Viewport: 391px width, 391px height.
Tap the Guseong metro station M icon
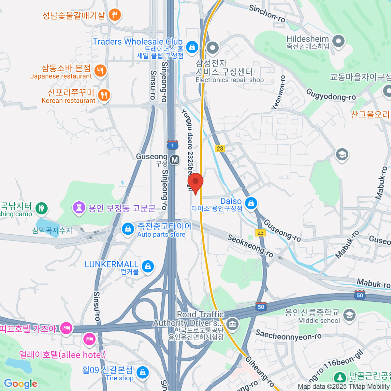click(x=175, y=160)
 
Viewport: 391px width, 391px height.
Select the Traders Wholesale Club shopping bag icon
click(x=192, y=47)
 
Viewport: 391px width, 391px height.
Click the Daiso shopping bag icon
click(x=251, y=204)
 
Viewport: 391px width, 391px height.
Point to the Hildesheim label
click(x=307, y=39)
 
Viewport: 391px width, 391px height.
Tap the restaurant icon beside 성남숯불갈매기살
click(x=114, y=15)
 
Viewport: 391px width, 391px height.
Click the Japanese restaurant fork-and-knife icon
click(x=100, y=71)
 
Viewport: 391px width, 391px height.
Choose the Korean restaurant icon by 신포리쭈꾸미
click(x=104, y=95)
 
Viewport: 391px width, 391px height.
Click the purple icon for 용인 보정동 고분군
click(x=79, y=207)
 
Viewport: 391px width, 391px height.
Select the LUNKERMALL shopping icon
click(x=148, y=266)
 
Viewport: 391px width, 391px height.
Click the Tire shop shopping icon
click(x=142, y=372)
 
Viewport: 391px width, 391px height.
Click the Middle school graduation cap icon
click(x=349, y=315)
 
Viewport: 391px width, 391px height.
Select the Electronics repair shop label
click(x=229, y=80)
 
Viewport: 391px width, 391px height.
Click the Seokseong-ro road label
click(x=250, y=245)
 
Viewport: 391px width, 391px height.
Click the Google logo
click(x=21, y=384)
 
